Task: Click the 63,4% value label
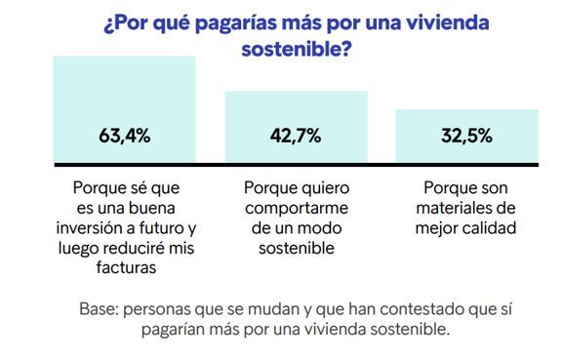click(x=124, y=136)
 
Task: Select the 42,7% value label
click(x=296, y=136)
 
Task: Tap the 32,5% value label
click(x=465, y=136)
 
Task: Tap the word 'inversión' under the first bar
click(x=105, y=227)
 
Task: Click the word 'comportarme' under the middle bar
click(x=296, y=207)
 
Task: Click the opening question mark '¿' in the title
click(x=107, y=20)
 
